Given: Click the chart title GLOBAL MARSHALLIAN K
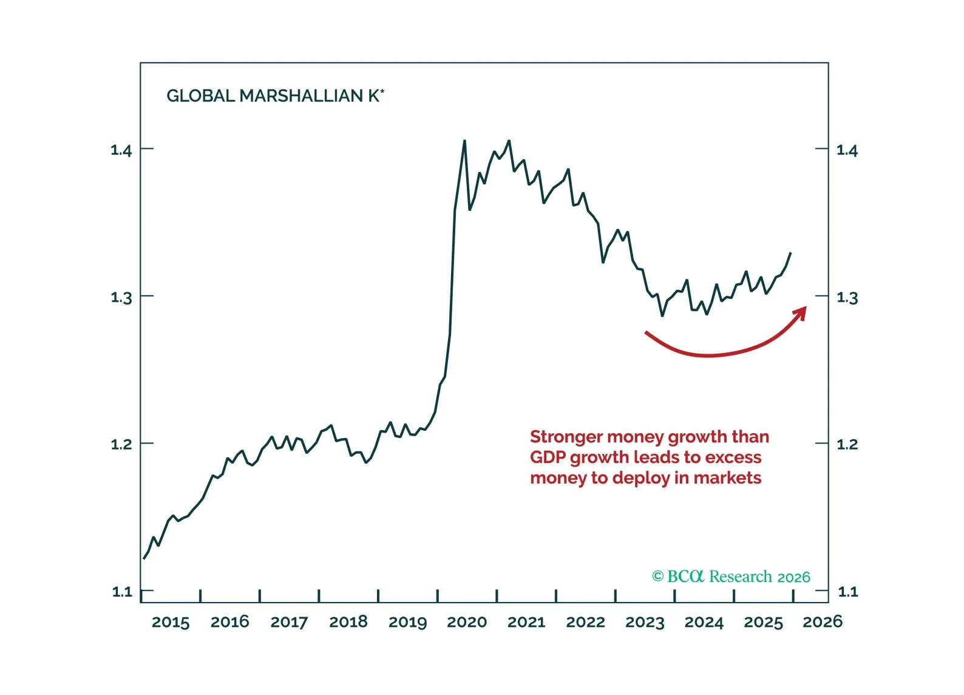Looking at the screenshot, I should pyautogui.click(x=274, y=96).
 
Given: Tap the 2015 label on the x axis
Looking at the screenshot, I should pyautogui.click(x=171, y=622).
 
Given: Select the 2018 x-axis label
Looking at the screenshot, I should pyautogui.click(x=348, y=622).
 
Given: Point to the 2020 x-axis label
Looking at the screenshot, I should pyautogui.click(x=467, y=622).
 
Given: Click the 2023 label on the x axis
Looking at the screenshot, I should pyautogui.click(x=645, y=622).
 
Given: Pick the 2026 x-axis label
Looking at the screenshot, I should pyautogui.click(x=823, y=622).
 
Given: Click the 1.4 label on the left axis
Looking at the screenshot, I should pyautogui.click(x=121, y=150).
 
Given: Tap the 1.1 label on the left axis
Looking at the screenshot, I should pyautogui.click(x=121, y=592).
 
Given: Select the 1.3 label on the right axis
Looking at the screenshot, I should pyautogui.click(x=847, y=298).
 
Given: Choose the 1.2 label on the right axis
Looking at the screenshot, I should pyautogui.click(x=847, y=445).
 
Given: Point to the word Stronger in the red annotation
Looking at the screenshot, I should pyautogui.click(x=566, y=437).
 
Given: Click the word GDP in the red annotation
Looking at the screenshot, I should pyautogui.click(x=548, y=457).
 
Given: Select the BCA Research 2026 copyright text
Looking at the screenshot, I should pyautogui.click(x=731, y=577).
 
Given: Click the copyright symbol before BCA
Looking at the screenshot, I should pyautogui.click(x=657, y=577).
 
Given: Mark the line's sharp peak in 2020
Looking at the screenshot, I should pyautogui.click(x=464, y=141).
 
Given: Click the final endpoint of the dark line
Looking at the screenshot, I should pyautogui.click(x=790, y=253).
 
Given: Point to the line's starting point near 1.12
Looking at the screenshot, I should pyautogui.click(x=144, y=558).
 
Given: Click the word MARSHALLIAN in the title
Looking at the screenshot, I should pyautogui.click(x=301, y=96).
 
